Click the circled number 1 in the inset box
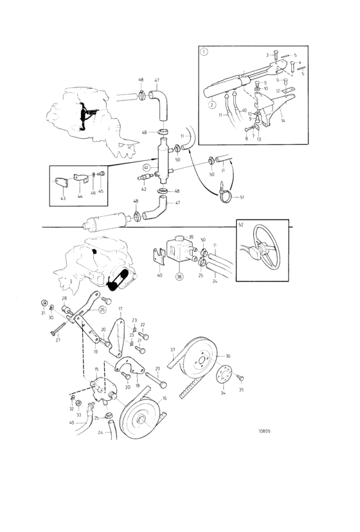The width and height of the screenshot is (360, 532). click(x=204, y=51)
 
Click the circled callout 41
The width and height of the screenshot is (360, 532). click(x=146, y=167)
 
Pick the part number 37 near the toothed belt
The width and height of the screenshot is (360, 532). click(x=172, y=350)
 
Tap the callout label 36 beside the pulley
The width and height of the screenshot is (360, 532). click(x=228, y=356)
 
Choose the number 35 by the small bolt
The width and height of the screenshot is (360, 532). click(x=242, y=390)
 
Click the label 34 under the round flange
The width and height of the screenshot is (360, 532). click(x=223, y=392)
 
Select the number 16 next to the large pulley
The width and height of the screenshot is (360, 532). click(x=164, y=399)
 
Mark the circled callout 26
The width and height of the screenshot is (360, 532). click(x=102, y=309)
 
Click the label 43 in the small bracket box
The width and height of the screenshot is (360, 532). click(x=62, y=198)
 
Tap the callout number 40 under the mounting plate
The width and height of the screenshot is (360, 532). click(x=159, y=275)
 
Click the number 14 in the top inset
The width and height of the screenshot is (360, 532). click(x=283, y=120)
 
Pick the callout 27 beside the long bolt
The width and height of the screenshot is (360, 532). click(x=58, y=340)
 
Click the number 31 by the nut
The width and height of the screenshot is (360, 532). click(x=42, y=313)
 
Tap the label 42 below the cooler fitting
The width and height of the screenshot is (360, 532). click(x=143, y=189)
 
